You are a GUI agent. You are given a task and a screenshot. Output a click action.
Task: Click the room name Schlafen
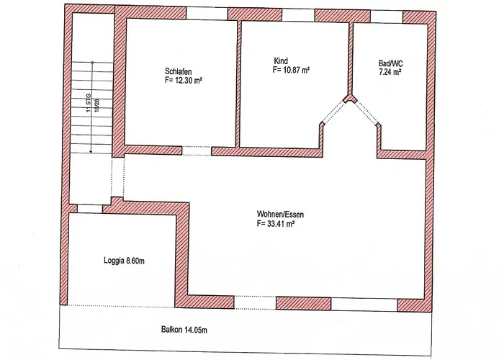[x=179, y=71]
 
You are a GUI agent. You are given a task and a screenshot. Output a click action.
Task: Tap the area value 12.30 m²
[x=188, y=80]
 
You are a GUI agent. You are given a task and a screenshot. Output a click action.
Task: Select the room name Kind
[x=281, y=60]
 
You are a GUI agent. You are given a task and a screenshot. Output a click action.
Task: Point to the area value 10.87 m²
[x=296, y=69]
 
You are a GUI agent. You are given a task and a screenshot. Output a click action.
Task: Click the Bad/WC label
[x=390, y=63]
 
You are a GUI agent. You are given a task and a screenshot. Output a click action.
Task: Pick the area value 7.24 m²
[x=390, y=72]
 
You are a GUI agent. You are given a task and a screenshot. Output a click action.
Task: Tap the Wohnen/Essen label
[x=280, y=214]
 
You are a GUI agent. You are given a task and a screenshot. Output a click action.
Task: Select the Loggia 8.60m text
[x=124, y=261]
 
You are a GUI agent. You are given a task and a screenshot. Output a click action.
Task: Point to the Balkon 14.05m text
[x=184, y=330]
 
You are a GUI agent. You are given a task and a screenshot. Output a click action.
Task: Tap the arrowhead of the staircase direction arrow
[x=91, y=151]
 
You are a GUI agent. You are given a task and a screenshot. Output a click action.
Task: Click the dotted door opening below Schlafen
[x=197, y=150]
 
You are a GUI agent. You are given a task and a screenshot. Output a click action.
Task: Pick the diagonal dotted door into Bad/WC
[x=366, y=112]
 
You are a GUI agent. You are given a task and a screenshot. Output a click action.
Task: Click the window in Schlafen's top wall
[x=207, y=13]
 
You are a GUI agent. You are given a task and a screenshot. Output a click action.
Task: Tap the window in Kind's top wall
[x=298, y=15]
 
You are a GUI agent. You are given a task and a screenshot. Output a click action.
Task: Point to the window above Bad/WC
[x=387, y=17]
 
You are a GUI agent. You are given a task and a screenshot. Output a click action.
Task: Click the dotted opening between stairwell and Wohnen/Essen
[x=117, y=177]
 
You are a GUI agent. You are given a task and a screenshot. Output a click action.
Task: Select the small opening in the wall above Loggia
[x=90, y=209]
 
